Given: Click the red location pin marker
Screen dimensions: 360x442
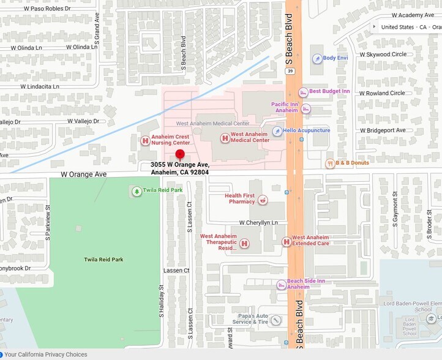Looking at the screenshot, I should [180, 154].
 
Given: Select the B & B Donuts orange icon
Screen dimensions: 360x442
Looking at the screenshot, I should [329, 163].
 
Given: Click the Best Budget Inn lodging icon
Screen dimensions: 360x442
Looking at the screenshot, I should [302, 92].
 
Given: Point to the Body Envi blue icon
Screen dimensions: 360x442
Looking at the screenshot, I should [317, 59].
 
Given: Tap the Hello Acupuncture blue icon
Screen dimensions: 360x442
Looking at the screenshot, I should [277, 131].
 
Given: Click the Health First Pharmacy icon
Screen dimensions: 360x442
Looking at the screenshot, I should [262, 199].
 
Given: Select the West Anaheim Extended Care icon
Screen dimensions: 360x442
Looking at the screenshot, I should [286, 242].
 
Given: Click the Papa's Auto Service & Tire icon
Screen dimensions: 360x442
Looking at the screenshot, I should [275, 320].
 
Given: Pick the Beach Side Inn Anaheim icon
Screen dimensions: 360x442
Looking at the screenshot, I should [281, 284].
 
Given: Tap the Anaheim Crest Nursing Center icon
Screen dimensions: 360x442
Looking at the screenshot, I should [145, 140].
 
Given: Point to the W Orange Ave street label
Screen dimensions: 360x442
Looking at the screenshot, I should [84, 174].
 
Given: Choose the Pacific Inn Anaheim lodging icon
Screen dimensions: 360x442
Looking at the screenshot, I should [305, 108].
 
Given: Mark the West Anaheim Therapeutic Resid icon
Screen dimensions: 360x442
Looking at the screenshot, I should [244, 244].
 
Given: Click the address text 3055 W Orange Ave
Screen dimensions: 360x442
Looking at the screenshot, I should [180, 165].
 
